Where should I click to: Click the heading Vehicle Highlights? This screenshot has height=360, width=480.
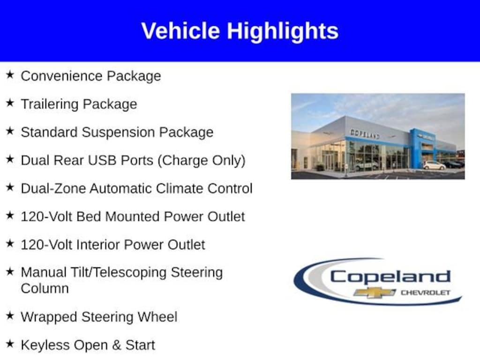(240, 31)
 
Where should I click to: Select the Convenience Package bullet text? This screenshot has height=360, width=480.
(90, 76)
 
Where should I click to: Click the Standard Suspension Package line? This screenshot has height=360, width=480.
(117, 132)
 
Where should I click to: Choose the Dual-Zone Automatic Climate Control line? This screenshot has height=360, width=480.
(136, 188)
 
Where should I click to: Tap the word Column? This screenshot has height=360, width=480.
(45, 288)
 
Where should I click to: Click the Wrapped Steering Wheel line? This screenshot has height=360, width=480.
(99, 317)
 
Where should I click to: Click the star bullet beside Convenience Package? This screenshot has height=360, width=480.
(10, 75)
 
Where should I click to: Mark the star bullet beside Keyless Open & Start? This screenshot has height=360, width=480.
(10, 345)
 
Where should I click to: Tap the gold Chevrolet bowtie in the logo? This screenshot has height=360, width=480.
(375, 292)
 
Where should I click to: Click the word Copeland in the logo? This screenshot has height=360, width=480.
(390, 277)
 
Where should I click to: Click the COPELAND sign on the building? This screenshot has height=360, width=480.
(365, 134)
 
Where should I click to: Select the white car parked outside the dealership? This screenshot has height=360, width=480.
(434, 165)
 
